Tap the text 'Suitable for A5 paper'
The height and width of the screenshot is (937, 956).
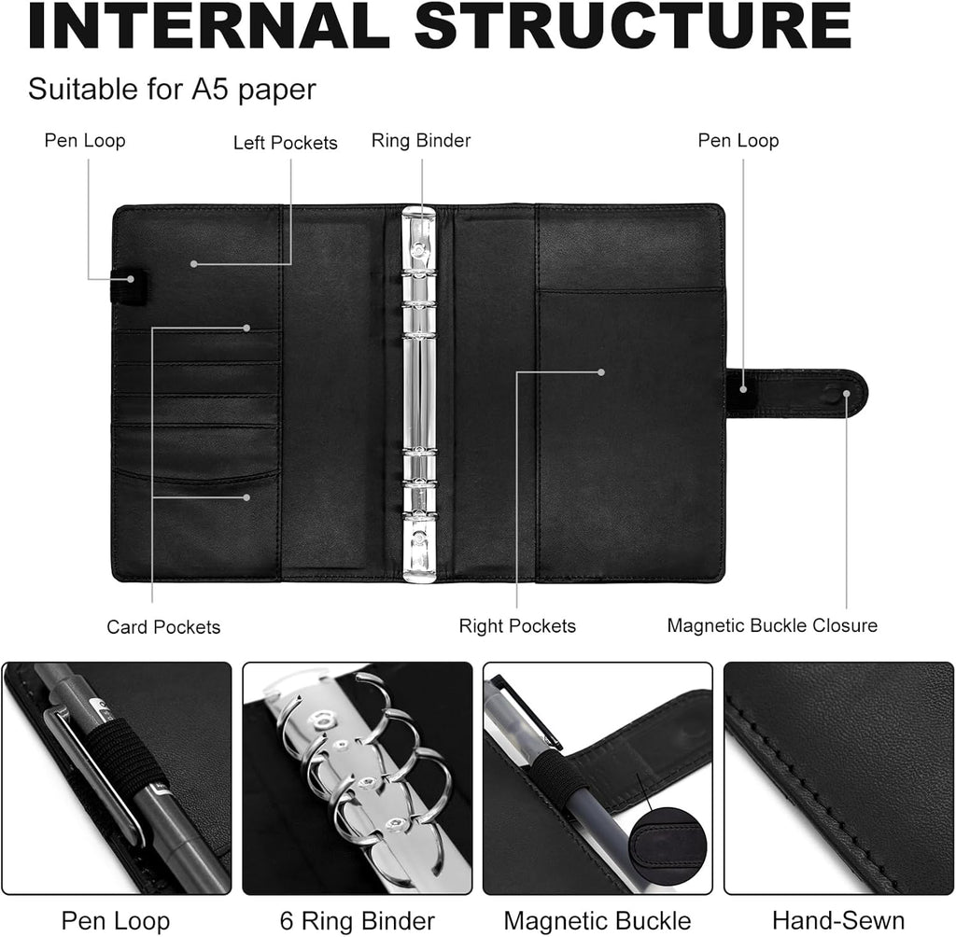[x=172, y=90]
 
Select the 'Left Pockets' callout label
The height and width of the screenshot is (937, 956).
[x=285, y=143]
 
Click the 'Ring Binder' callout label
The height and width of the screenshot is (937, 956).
[x=421, y=141]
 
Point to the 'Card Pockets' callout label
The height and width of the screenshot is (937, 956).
[x=163, y=627]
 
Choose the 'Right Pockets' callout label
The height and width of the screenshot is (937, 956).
[x=517, y=626]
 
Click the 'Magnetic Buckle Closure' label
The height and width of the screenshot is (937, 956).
[x=772, y=625]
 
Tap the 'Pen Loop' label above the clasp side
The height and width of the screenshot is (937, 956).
[x=738, y=141]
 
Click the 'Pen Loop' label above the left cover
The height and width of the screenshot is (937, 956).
[x=85, y=141]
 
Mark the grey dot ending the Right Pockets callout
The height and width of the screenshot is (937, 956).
[x=602, y=371]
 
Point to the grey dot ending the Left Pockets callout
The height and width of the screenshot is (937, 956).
[x=194, y=264]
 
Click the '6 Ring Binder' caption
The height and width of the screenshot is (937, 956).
[x=358, y=919]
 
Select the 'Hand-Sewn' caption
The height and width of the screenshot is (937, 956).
[x=837, y=919]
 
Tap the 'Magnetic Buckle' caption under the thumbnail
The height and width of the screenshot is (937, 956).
[x=597, y=919]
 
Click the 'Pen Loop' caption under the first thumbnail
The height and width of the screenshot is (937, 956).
[x=116, y=919]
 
